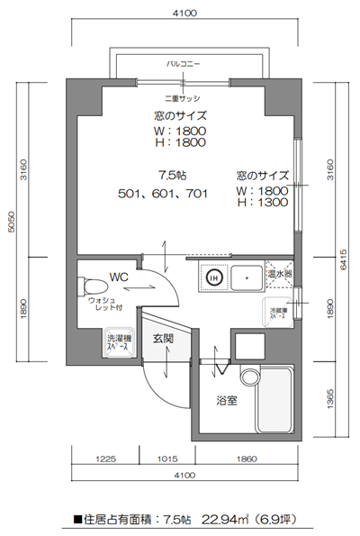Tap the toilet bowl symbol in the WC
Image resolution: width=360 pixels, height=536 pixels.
point(93,286)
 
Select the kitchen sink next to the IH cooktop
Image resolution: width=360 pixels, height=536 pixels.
point(246,279)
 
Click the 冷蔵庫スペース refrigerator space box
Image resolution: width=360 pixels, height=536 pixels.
point(277,312)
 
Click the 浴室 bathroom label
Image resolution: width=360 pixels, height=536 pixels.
point(226,400)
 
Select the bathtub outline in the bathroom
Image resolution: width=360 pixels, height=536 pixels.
point(274,400)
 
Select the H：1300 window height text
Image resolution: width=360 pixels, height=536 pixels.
point(263,203)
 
